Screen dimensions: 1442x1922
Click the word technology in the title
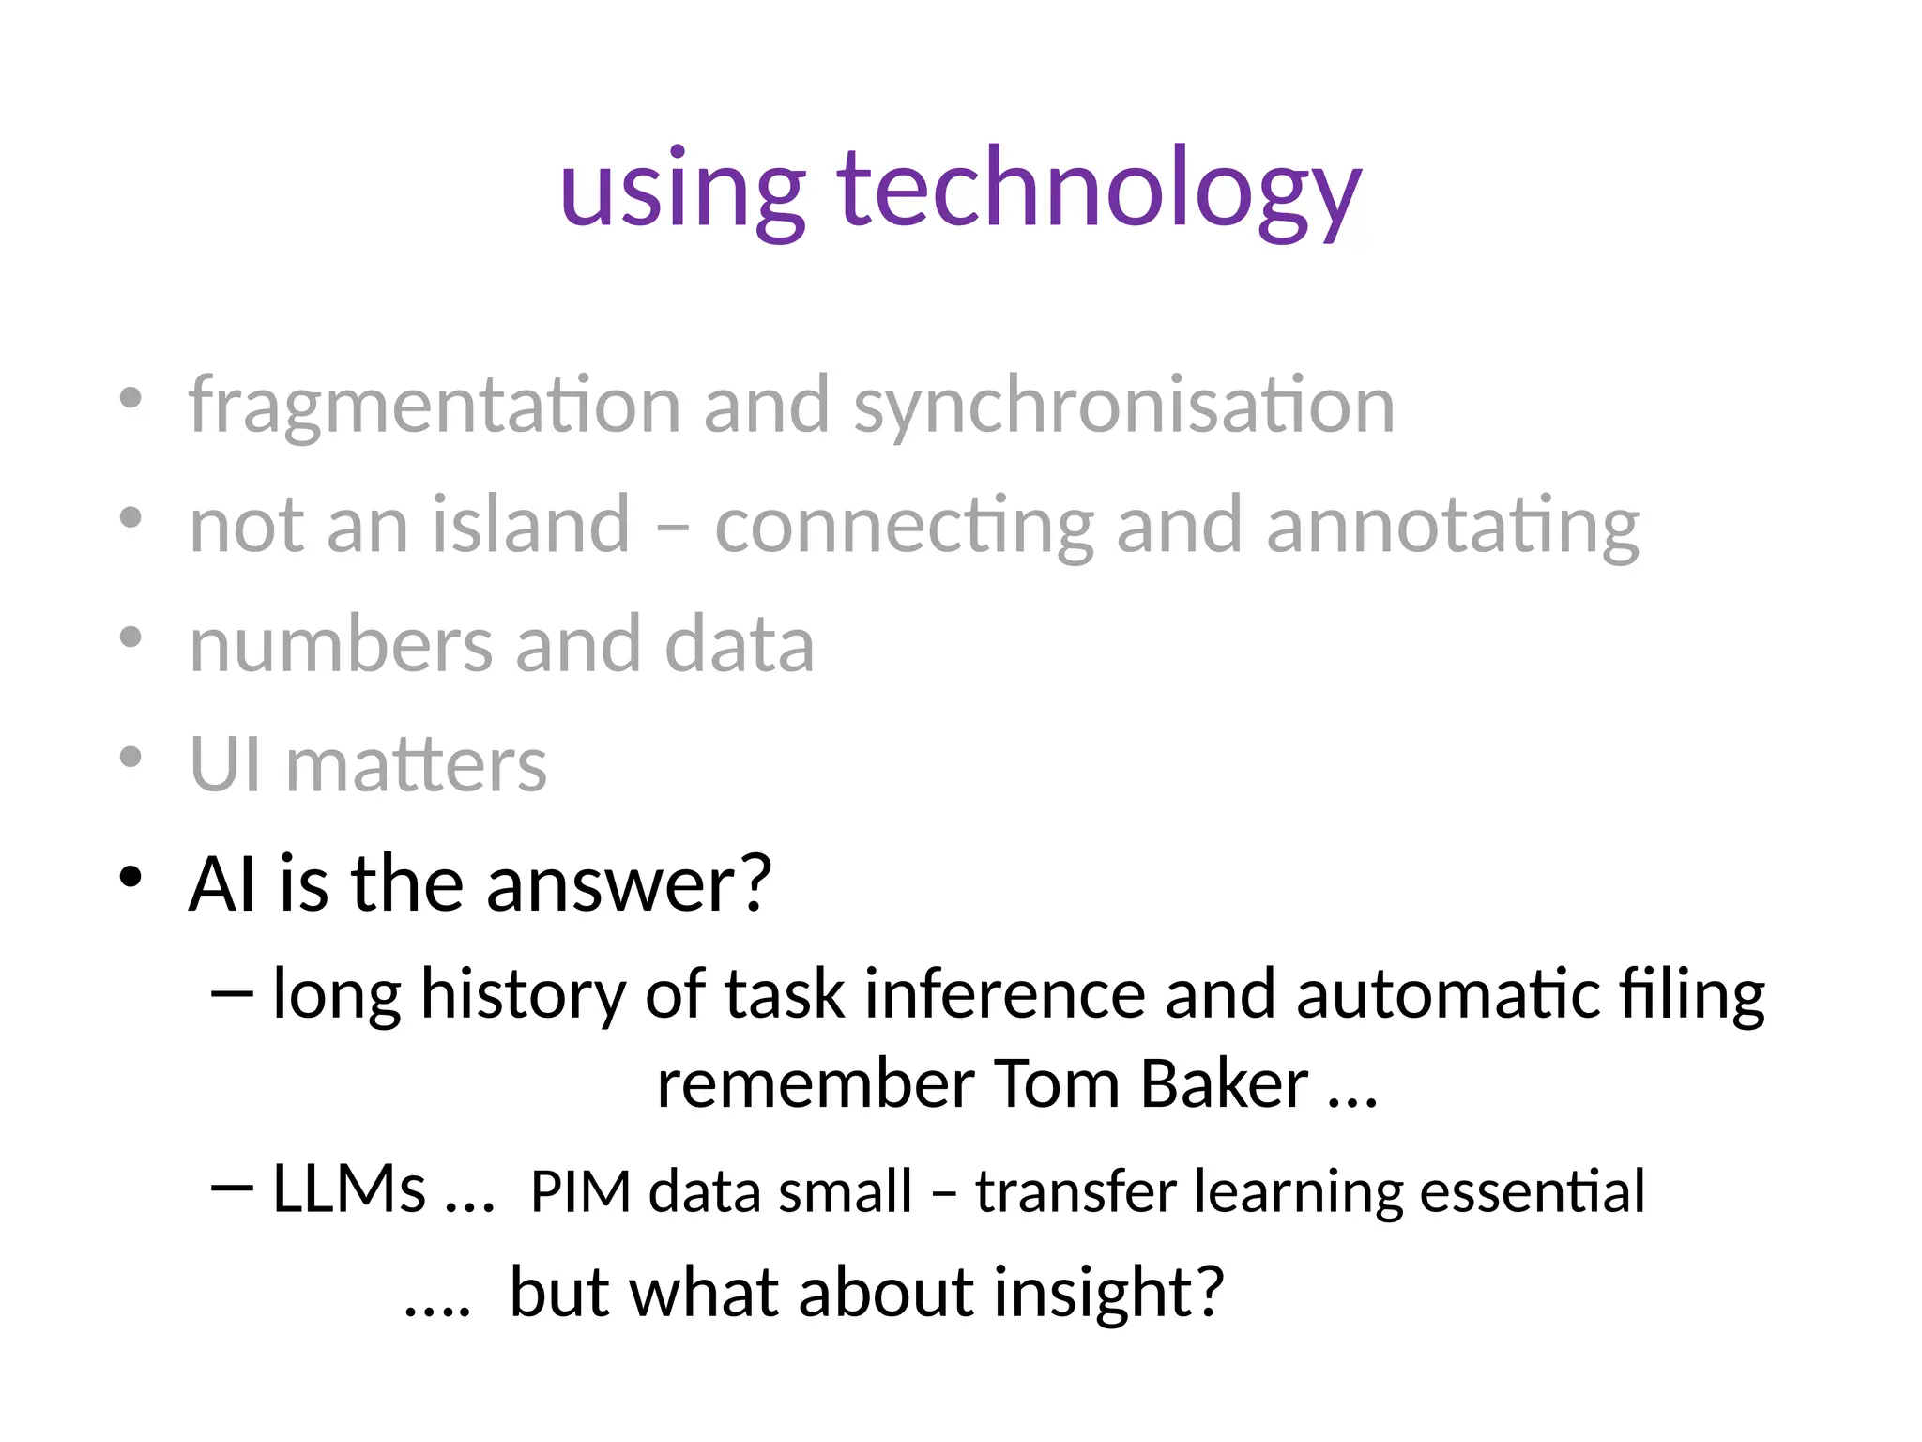tap(1099, 192)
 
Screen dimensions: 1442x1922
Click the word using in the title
tap(682, 192)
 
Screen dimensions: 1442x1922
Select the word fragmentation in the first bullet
tap(434, 407)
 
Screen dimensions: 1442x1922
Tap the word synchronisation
tap(1123, 407)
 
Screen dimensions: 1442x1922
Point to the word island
tap(530, 526)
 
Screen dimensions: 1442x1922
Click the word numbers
tap(341, 645)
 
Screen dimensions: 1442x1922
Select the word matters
tap(416, 766)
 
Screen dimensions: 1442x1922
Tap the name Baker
tap(1224, 1084)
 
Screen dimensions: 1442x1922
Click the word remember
tap(816, 1084)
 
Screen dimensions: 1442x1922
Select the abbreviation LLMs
tap(349, 1189)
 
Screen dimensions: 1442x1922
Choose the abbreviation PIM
tap(580, 1192)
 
